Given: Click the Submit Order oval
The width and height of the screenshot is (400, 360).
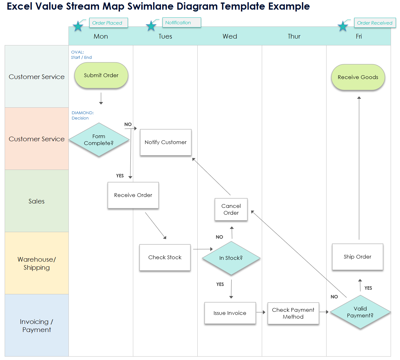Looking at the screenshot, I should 101,75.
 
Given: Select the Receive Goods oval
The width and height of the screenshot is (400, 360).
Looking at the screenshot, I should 358,77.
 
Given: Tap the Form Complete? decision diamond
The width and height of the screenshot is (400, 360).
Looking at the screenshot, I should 99,140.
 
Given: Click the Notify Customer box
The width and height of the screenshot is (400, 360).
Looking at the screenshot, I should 166,142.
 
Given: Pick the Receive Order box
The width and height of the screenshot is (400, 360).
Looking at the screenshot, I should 133,195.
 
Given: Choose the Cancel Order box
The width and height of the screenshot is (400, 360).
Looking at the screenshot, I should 231,209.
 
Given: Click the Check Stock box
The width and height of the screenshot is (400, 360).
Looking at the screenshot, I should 165,257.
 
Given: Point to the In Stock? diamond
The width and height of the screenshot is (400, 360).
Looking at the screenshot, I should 231,258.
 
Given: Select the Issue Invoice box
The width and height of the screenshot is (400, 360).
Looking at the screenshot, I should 230,313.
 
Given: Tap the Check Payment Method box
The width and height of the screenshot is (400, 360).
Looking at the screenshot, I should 293,313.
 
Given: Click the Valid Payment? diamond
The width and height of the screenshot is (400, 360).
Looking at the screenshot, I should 360,312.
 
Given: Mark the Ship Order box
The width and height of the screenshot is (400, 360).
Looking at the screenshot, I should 357,257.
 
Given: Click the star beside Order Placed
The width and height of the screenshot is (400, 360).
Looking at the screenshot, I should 78,26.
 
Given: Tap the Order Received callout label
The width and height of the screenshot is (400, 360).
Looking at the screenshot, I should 375,23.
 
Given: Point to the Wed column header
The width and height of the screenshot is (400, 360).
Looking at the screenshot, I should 230,36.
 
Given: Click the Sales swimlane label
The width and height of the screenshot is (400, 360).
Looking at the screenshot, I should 37,201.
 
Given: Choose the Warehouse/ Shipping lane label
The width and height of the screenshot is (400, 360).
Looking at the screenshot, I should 37,263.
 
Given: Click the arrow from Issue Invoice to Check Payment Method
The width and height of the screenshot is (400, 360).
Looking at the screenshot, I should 261,312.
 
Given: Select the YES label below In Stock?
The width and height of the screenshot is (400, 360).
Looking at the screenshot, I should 220,284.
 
